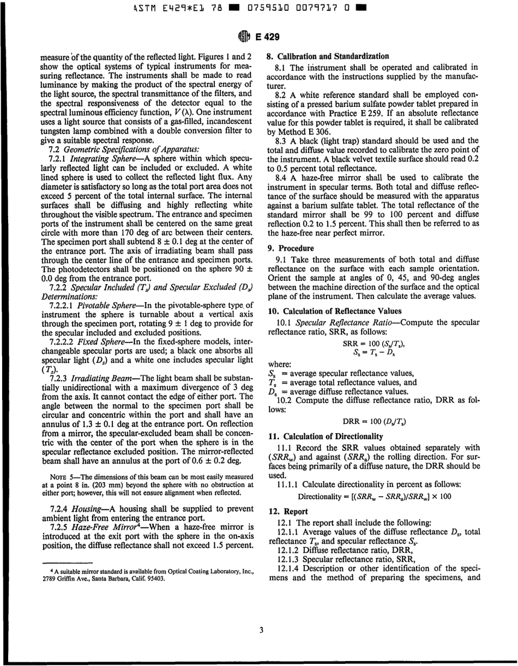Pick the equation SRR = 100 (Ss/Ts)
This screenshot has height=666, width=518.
[x=374, y=344]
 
